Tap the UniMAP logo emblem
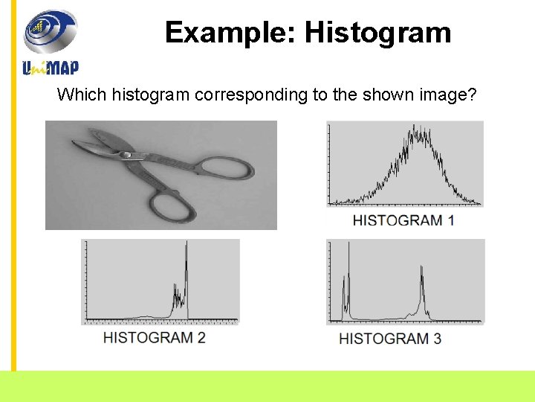pyautogui.click(x=51, y=31)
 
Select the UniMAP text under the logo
pyautogui.click(x=51, y=67)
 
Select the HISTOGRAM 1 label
pyautogui.click(x=403, y=220)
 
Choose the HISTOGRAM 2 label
pyautogui.click(x=155, y=337)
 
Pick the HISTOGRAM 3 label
pyautogui.click(x=390, y=338)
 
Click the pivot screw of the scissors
pyautogui.click(x=126, y=155)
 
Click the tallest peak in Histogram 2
pyautogui.click(x=186, y=249)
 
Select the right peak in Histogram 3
pyautogui.click(x=422, y=271)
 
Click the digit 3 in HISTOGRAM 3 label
pyautogui.click(x=437, y=338)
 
